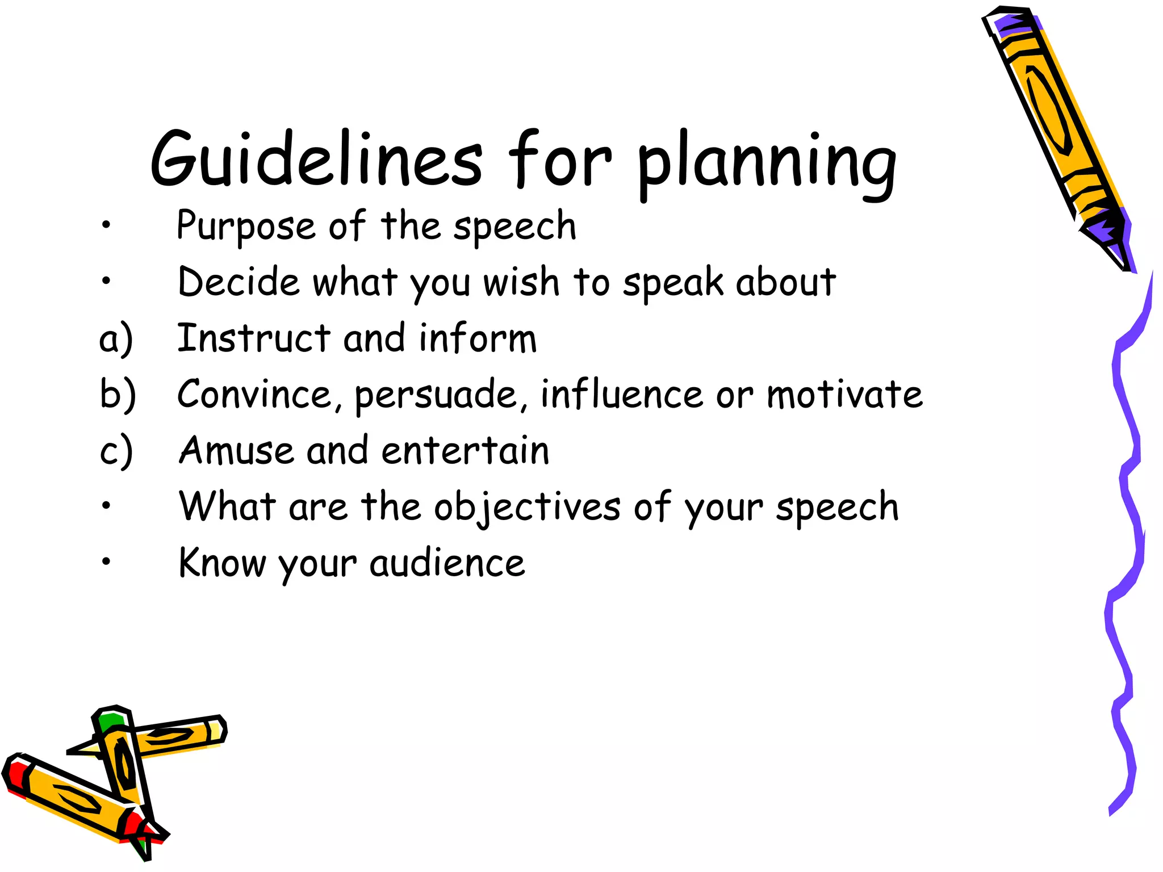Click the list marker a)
[x=116, y=339]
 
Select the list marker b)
[x=118, y=394]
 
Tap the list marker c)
[x=116, y=451]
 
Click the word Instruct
[x=253, y=338]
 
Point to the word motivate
[x=844, y=394]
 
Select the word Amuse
[x=236, y=450]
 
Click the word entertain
[x=465, y=450]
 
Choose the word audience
[x=447, y=563]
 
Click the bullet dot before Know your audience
[x=106, y=561]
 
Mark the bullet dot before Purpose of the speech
[x=106, y=225]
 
